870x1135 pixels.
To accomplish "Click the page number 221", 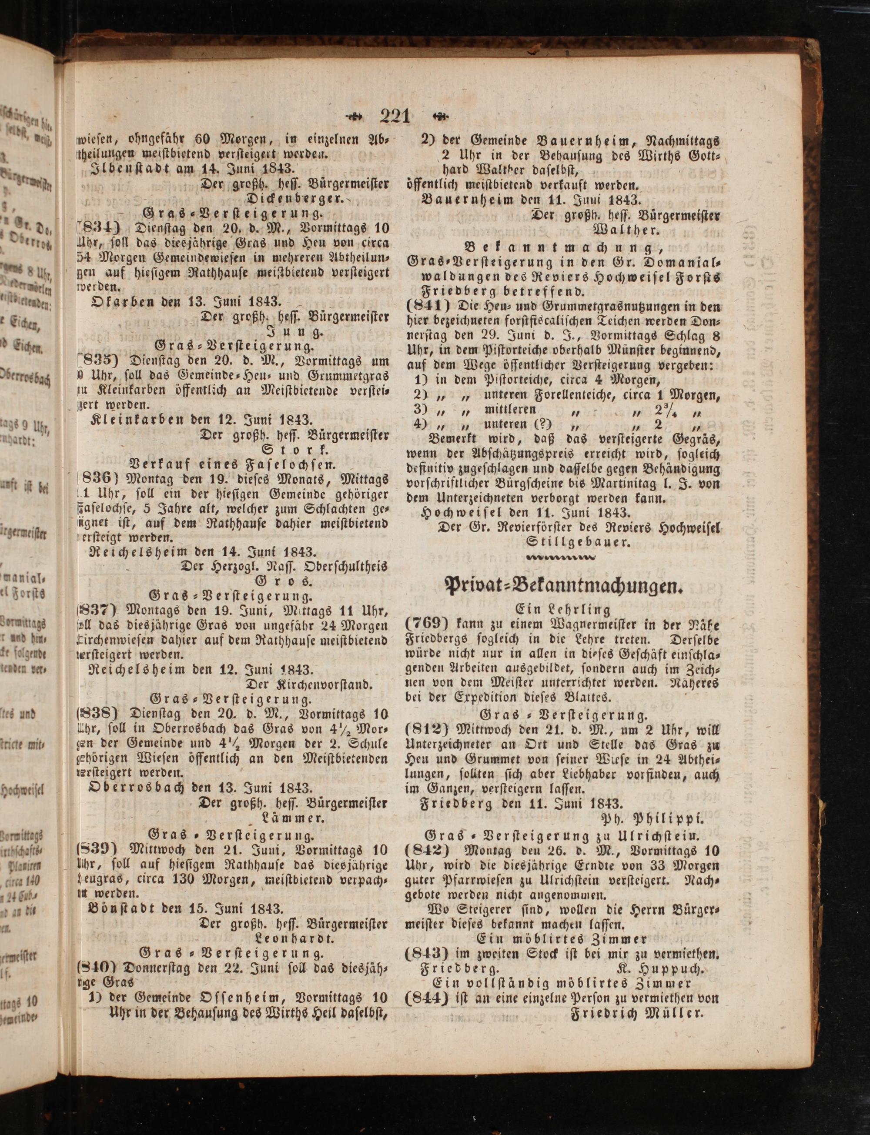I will [395, 116].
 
